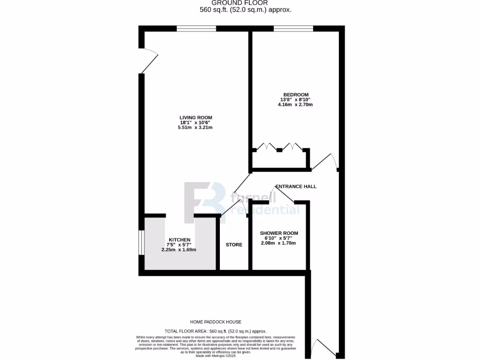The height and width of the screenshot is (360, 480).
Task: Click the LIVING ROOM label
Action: (195, 118)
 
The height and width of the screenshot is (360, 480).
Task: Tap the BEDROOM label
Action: (296, 95)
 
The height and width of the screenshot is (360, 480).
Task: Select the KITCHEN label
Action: (180, 240)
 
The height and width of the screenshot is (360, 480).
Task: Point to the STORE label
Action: (234, 245)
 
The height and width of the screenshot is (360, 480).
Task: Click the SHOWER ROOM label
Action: (279, 233)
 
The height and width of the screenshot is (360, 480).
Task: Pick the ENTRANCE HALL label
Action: (296, 187)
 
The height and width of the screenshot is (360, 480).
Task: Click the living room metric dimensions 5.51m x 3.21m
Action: (195, 127)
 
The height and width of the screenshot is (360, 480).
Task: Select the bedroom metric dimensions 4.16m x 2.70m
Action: (295, 105)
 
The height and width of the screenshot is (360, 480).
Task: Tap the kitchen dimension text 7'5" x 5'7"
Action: (179, 245)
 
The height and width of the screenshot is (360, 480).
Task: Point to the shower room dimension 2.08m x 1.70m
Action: (279, 243)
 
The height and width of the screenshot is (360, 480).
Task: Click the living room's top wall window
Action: (196, 29)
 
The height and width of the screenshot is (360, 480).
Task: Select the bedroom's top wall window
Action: (293, 29)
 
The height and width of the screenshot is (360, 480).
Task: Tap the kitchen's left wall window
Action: (142, 243)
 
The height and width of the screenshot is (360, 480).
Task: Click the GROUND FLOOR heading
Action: (246, 3)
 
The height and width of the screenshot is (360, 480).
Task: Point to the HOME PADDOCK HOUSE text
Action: (216, 322)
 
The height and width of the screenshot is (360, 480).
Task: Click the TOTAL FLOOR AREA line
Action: (216, 331)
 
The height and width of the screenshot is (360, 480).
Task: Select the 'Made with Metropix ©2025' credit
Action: (216, 356)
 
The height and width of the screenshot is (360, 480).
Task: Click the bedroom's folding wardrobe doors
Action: (280, 147)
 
